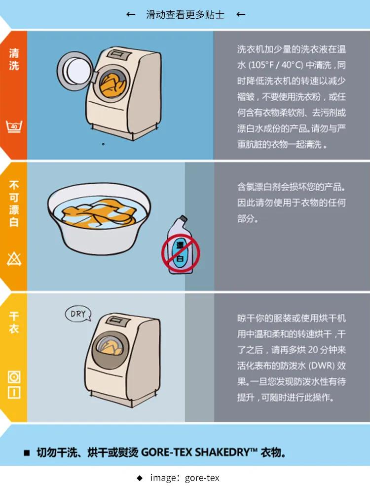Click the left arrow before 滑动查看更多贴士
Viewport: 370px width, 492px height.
[131, 14]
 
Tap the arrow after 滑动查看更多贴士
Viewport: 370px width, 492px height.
[241, 14]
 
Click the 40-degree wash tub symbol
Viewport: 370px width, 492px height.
[14, 126]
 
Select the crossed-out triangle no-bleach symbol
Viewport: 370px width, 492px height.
[14, 259]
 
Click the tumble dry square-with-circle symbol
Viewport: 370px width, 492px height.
[14, 377]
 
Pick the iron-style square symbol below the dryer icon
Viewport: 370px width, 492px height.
[14, 393]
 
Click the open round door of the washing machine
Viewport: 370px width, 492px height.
[76, 69]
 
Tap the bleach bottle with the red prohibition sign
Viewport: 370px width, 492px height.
[181, 246]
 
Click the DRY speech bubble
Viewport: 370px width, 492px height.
[78, 314]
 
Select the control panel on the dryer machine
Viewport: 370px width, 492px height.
[118, 321]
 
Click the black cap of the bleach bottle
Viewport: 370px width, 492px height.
[183, 218]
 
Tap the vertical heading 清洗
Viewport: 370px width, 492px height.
[14, 59]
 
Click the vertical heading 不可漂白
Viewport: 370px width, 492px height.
[14, 204]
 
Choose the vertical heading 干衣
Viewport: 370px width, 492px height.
[14, 322]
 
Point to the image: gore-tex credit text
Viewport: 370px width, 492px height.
[185, 478]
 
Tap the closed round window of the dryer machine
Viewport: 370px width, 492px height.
[110, 350]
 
